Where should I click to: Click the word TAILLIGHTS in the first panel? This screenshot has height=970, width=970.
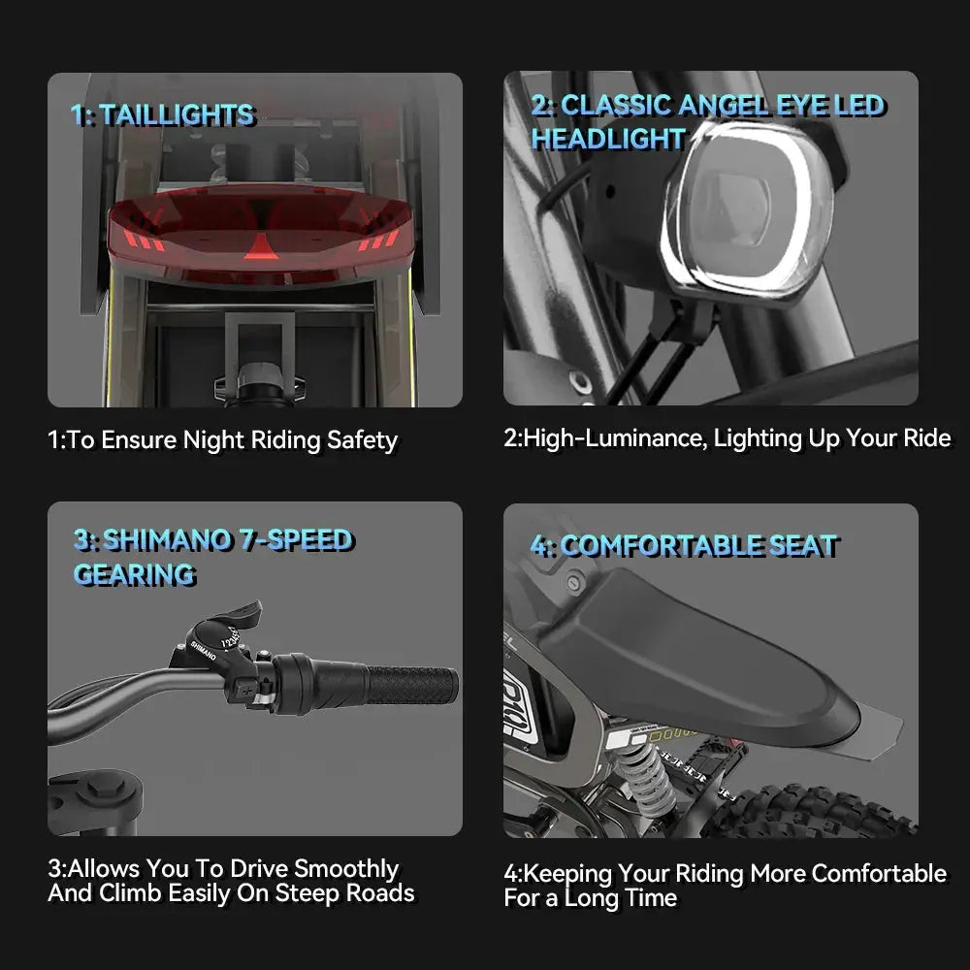pos(177,115)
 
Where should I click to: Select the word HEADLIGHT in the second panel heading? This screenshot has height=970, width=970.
pos(609,139)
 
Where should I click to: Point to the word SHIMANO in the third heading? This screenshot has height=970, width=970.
pos(167,540)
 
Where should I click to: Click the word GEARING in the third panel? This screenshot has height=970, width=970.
pos(134,574)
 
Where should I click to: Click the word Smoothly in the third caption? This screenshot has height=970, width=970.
pos(346,869)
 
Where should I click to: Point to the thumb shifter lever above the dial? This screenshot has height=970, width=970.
pos(239,615)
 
